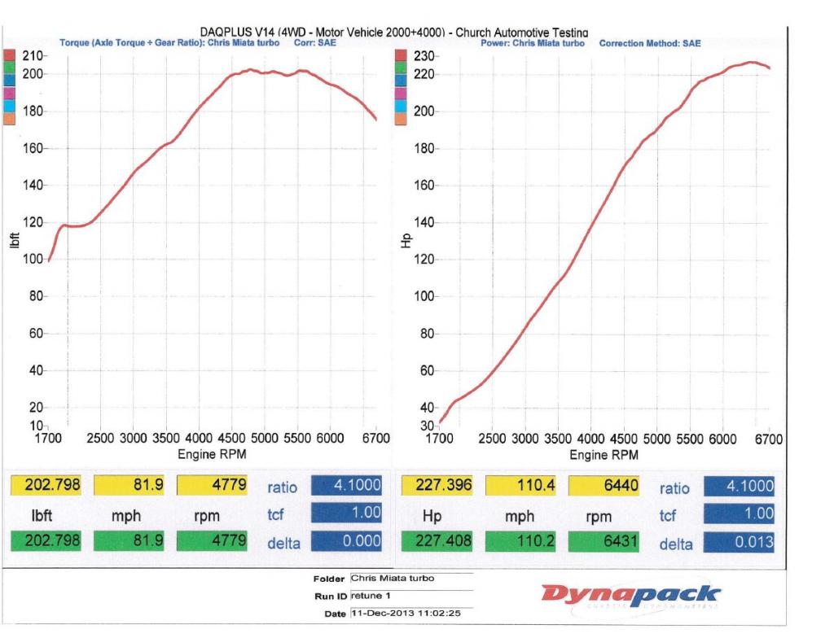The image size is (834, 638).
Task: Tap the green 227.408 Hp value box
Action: point(437,542)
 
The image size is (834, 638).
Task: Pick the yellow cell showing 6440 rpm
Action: point(602,487)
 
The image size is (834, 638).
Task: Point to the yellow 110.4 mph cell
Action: point(520,487)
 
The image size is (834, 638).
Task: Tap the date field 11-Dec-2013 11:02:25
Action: point(410,613)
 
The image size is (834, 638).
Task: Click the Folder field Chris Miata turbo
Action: point(410,578)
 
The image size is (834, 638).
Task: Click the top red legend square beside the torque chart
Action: point(10,55)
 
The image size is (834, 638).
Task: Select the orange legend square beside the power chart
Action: point(400,118)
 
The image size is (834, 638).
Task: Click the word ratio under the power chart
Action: point(674,488)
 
